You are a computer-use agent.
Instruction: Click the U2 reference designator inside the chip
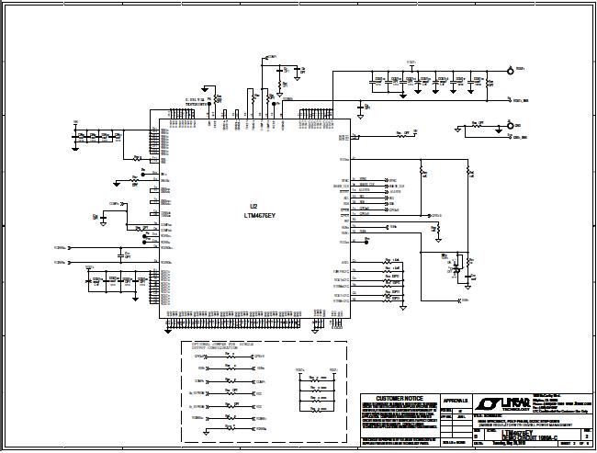[254, 206]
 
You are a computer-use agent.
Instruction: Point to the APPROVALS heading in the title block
[455, 401]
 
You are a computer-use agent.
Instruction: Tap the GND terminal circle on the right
[507, 124]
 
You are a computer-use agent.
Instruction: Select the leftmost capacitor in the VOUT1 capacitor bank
[373, 80]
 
